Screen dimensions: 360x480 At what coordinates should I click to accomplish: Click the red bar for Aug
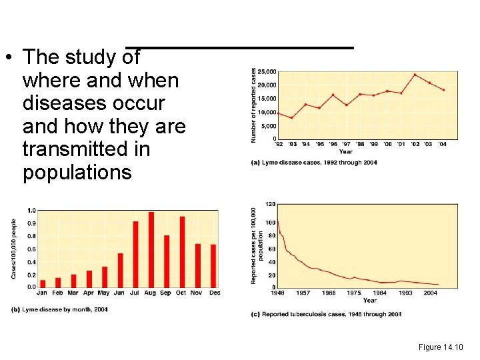(x=151, y=249)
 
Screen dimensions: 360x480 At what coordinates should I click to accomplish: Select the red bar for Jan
(x=43, y=283)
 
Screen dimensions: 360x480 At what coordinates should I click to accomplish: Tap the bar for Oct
(x=182, y=252)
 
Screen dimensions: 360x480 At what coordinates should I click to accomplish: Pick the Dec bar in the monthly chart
(x=213, y=265)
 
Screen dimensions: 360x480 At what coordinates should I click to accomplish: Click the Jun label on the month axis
(x=120, y=293)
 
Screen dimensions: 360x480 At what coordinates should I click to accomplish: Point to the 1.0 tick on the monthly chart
(x=31, y=211)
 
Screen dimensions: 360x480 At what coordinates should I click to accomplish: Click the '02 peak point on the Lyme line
(x=415, y=75)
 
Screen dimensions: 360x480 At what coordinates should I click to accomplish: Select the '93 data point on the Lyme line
(x=292, y=118)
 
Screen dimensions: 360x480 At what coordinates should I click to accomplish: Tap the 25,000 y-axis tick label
(x=267, y=71)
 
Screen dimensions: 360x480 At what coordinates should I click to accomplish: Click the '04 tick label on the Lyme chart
(x=443, y=144)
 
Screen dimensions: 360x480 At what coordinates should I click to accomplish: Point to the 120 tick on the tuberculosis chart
(x=271, y=203)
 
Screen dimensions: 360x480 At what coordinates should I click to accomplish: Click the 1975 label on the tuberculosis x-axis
(x=354, y=293)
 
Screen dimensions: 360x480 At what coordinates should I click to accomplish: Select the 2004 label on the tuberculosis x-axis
(x=430, y=293)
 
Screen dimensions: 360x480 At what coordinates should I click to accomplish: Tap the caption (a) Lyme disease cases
(x=314, y=163)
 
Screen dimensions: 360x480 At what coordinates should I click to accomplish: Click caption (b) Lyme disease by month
(x=59, y=309)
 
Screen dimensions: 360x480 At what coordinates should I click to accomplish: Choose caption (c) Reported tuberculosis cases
(x=326, y=314)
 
